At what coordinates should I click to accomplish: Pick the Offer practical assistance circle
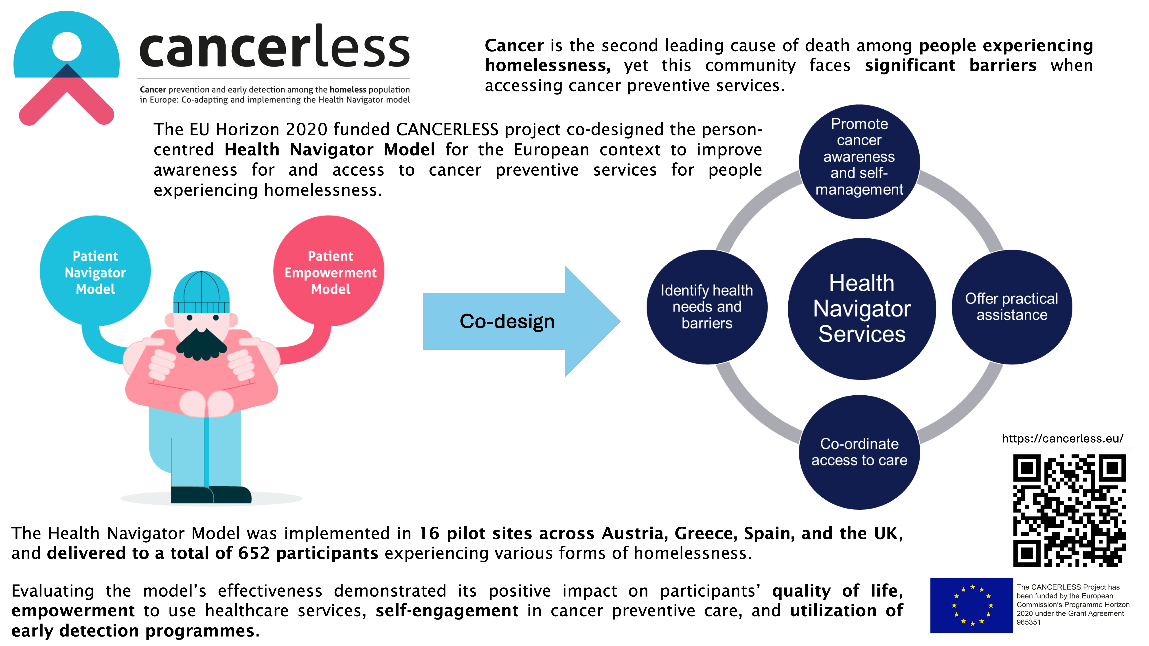pos(1012,307)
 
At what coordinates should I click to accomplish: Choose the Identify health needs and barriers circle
pos(706,307)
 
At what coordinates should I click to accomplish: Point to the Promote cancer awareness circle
pos(859,161)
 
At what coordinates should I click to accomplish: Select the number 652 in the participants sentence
pos(254,553)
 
